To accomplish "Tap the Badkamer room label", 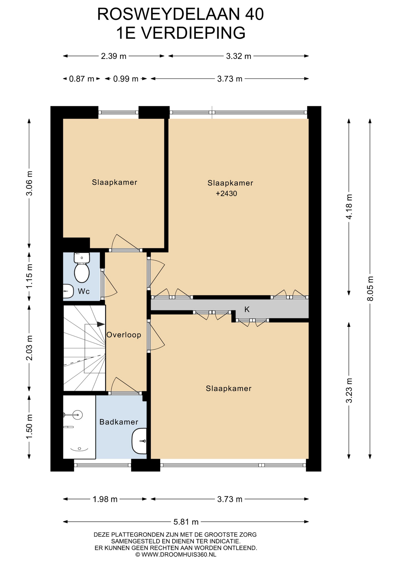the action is click(x=119, y=422).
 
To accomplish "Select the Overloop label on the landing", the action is click(x=124, y=335).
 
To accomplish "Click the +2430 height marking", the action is click(x=226, y=194).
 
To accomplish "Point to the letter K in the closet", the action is click(x=247, y=309).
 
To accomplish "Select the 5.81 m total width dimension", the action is click(x=186, y=522).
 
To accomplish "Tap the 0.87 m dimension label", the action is click(x=81, y=79).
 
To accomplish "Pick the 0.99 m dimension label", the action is click(x=126, y=79).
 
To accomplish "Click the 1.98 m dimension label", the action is click(x=105, y=499).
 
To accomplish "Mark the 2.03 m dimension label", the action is click(x=29, y=348).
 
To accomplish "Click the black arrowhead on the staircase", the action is click(x=101, y=324).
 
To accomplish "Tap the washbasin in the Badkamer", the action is click(x=139, y=441).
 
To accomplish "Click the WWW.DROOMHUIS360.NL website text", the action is click(x=179, y=554).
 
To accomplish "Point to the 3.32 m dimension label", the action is click(x=239, y=56).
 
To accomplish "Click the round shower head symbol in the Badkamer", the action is click(x=78, y=415).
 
